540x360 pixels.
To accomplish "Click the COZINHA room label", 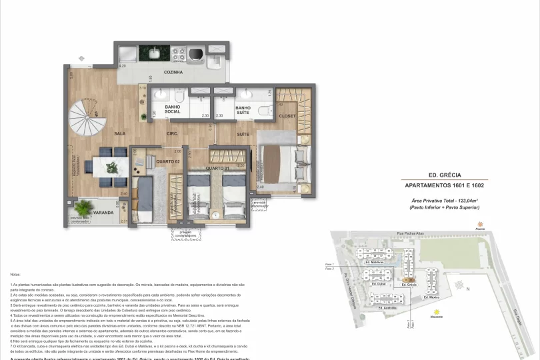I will click(173, 72).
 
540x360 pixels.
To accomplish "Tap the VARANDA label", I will click(103, 213).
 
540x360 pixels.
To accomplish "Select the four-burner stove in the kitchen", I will click(179, 52).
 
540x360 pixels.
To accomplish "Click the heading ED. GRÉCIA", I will click(446, 174).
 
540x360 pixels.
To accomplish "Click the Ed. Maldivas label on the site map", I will click(377, 263).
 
